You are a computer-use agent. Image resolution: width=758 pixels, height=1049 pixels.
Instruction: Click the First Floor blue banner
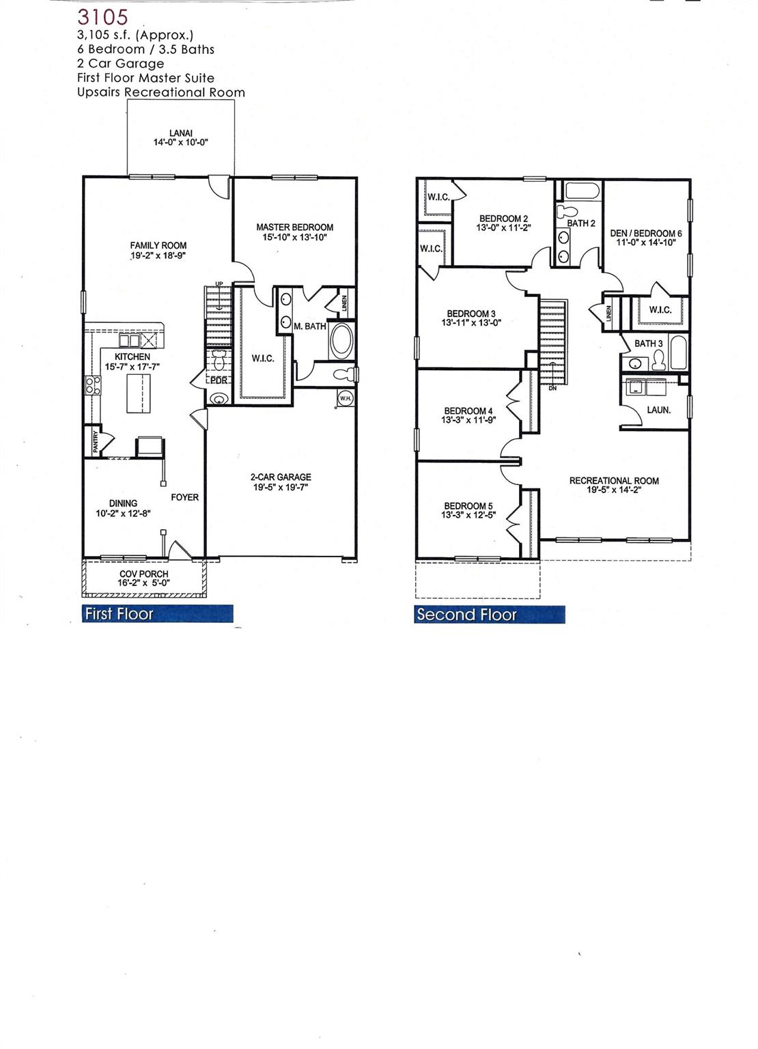click(x=157, y=614)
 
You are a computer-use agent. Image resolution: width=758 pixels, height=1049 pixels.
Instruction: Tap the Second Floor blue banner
click(x=489, y=615)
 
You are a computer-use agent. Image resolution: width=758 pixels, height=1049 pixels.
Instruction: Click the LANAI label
click(x=180, y=133)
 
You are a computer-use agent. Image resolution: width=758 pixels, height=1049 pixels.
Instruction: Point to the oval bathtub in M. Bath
click(x=341, y=341)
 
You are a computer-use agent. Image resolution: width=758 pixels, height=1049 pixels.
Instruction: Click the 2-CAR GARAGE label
click(x=280, y=477)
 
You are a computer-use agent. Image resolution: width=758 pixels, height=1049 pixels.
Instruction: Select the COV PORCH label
click(x=143, y=574)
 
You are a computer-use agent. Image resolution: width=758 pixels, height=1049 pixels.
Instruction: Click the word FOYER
click(x=184, y=497)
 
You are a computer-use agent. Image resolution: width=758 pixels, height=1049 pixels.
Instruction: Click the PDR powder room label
click(x=218, y=381)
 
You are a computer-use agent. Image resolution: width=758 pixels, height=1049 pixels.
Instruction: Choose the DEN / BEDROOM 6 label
click(x=645, y=233)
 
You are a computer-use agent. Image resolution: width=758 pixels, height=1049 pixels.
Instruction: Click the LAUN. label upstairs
click(x=658, y=410)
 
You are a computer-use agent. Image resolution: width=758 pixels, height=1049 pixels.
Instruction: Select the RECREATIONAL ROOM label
click(x=614, y=481)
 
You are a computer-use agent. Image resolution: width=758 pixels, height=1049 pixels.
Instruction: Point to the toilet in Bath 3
click(x=658, y=359)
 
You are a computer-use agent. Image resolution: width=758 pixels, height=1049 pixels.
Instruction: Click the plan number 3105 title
click(x=102, y=16)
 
